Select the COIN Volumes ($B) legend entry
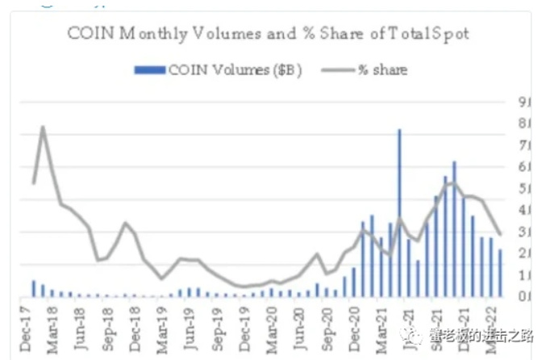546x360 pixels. [x=218, y=70]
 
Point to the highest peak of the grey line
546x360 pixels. [x=42, y=127]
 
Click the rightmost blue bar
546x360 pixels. [x=500, y=273]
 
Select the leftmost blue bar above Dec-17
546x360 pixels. [x=34, y=289]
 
